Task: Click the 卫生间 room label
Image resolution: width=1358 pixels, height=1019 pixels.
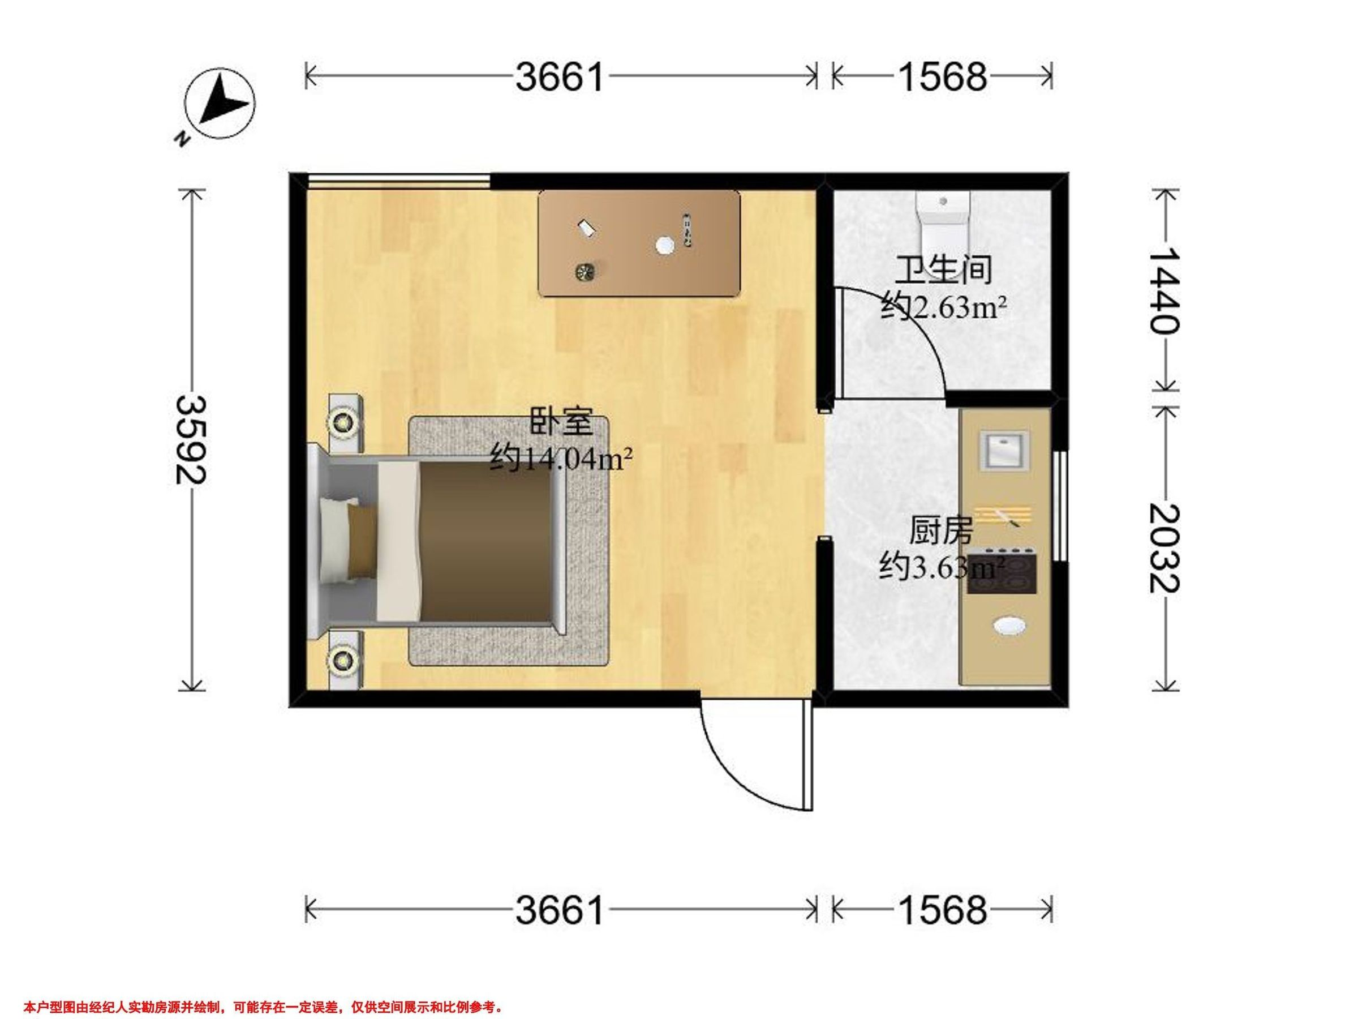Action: [943, 270]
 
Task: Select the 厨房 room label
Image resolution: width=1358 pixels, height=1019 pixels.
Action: [941, 530]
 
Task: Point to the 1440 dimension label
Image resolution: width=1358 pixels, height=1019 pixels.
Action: [1164, 290]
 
